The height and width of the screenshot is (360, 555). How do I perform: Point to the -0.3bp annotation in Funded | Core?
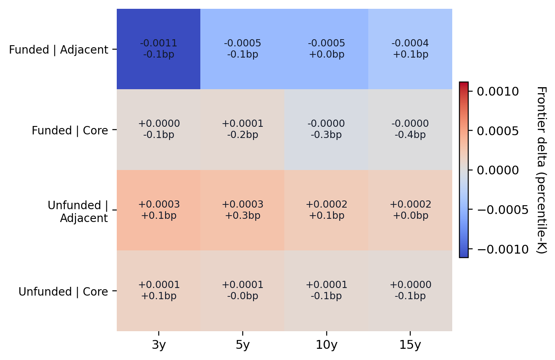click(326, 135)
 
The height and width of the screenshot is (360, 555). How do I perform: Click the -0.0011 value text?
click(159, 43)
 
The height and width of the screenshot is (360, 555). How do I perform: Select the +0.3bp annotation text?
click(242, 216)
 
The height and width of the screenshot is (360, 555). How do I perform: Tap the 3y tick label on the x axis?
click(159, 345)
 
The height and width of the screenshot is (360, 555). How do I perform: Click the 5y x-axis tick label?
click(242, 345)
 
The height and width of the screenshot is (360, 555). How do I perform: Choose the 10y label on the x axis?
click(326, 345)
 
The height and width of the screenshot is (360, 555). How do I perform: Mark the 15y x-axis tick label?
click(410, 345)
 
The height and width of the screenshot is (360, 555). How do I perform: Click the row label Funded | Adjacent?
click(58, 50)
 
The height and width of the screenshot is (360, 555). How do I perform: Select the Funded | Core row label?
click(70, 130)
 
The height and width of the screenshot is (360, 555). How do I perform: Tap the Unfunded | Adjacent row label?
click(78, 212)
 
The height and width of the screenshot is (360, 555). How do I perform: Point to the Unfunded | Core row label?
click(63, 292)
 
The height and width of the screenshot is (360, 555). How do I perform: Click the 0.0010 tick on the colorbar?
click(498, 92)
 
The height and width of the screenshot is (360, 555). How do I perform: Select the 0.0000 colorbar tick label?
click(498, 170)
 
